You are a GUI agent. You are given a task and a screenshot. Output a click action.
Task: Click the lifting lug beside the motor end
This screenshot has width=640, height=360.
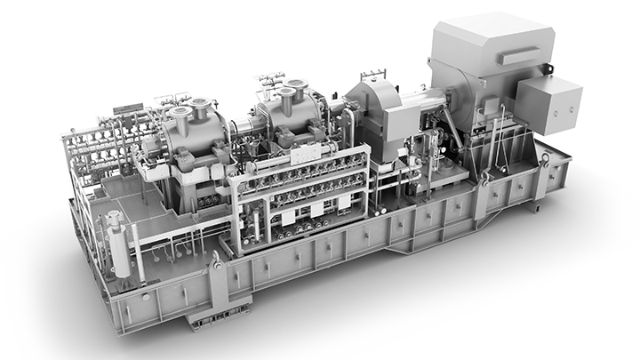tap(540, 161)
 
